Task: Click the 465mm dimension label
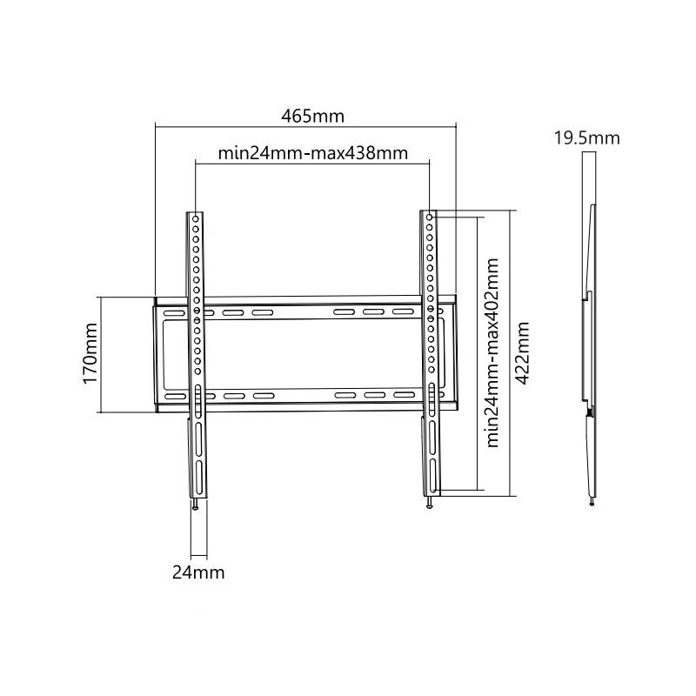(312, 117)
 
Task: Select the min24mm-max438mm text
(313, 153)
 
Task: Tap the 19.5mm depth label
(586, 138)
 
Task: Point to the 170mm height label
(90, 353)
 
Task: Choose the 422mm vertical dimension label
(522, 353)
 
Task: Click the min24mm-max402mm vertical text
(492, 353)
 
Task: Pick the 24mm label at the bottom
(198, 572)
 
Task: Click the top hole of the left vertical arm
(195, 219)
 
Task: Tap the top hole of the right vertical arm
(429, 217)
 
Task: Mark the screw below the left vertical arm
(195, 505)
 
